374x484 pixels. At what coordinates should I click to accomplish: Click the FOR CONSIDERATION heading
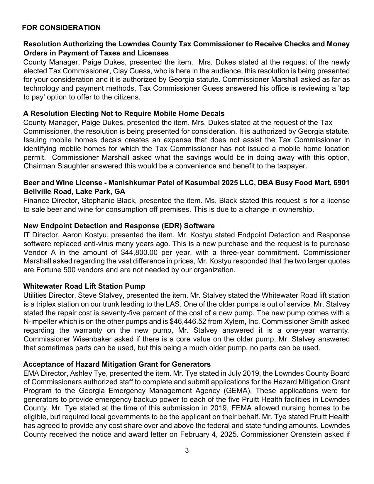[x=61, y=28]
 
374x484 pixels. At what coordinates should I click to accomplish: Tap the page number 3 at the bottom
[x=187, y=451]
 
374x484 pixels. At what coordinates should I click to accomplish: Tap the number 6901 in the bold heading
[x=341, y=183]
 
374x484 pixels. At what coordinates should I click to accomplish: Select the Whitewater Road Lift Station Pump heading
[x=84, y=286]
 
